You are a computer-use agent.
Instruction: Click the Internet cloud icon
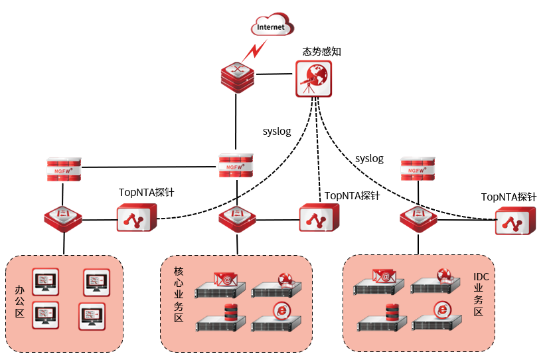(272, 27)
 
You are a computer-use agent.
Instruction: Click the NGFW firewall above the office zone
(64, 169)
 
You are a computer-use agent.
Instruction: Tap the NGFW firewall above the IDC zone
(418, 169)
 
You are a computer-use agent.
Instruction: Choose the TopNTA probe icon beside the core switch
(319, 218)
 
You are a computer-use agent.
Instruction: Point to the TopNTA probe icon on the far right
(514, 221)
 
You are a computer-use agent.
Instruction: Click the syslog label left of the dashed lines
(277, 132)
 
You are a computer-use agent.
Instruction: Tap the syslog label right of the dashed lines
(369, 159)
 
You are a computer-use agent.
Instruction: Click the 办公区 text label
(20, 302)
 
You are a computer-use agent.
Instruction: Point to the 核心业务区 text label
(178, 295)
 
